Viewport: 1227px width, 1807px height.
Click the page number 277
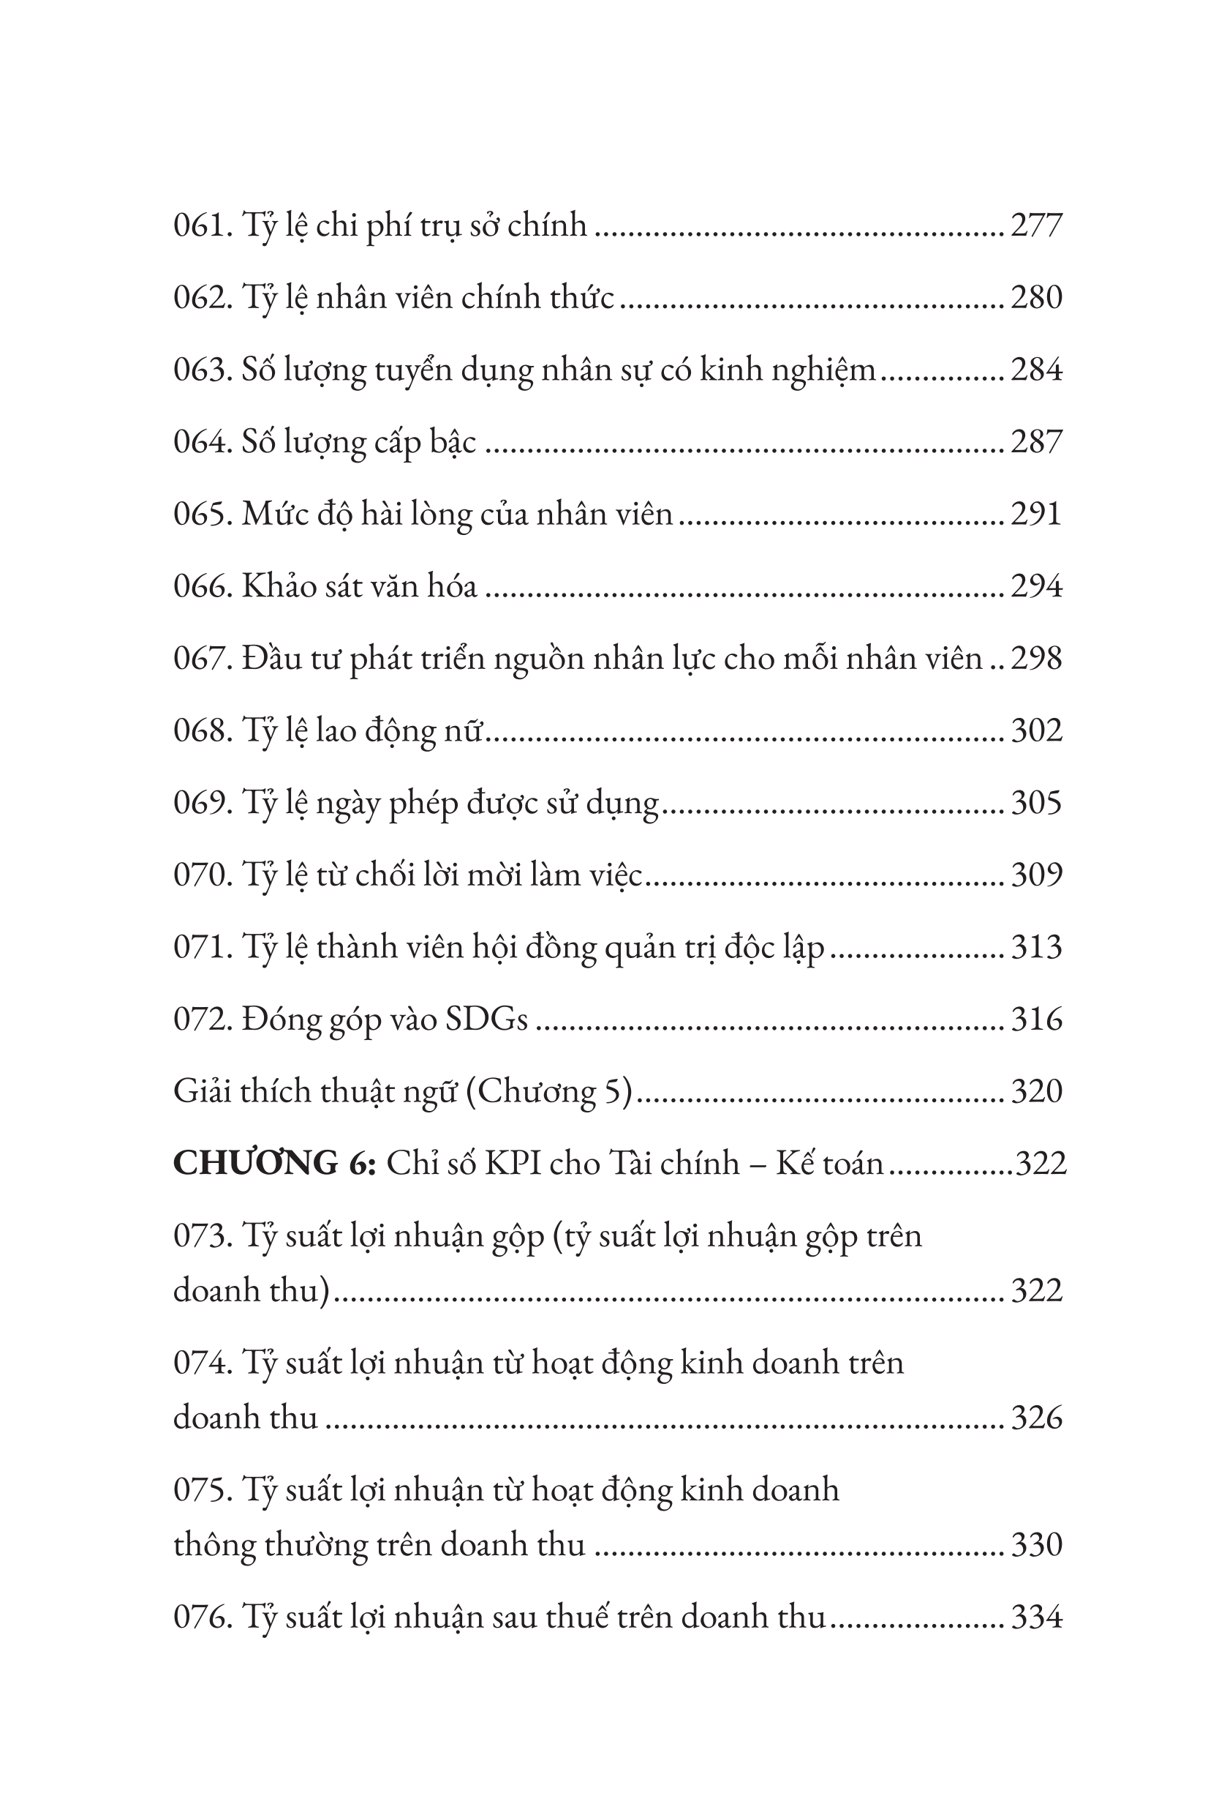point(1036,225)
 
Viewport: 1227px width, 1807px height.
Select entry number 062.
point(202,298)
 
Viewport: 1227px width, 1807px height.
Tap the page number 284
point(1036,370)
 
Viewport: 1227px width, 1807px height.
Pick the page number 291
point(1036,515)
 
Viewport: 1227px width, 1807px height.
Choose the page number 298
point(1036,659)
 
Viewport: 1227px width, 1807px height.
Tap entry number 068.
point(202,732)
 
